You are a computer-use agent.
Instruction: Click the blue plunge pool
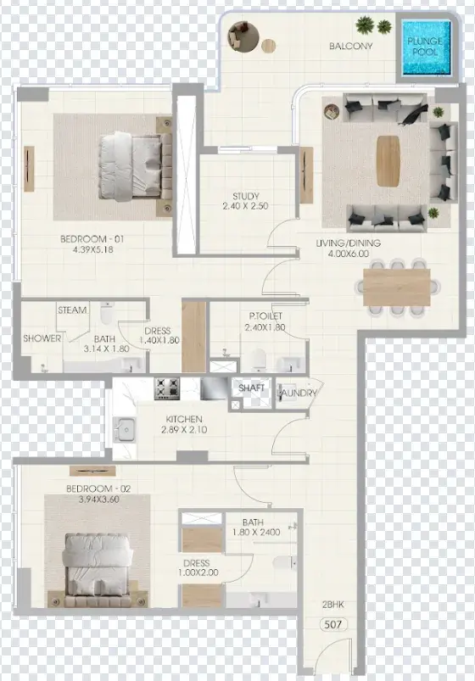click(426, 47)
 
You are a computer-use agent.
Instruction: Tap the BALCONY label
click(350, 46)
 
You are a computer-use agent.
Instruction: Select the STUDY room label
click(245, 196)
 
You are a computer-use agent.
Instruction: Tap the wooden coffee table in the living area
click(388, 161)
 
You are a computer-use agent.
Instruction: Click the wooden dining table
click(396, 287)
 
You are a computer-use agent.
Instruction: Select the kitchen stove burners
click(167, 388)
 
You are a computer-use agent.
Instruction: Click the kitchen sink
click(125, 430)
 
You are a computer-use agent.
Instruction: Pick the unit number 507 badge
click(333, 624)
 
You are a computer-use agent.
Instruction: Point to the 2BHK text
click(333, 604)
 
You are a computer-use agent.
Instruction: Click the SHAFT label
click(251, 388)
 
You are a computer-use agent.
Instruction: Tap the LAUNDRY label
click(299, 393)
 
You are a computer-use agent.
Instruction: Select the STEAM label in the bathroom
click(72, 310)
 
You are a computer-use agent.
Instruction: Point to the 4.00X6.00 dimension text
click(349, 254)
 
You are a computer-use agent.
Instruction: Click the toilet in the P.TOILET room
click(258, 360)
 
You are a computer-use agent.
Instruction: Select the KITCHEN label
click(184, 419)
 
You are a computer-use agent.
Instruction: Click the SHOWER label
click(42, 338)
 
